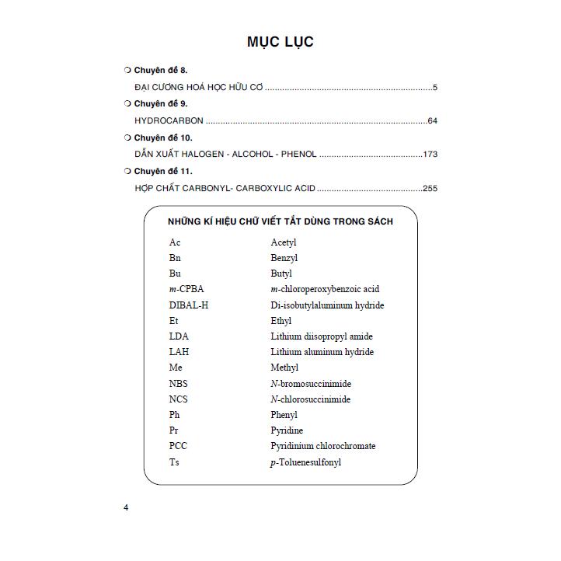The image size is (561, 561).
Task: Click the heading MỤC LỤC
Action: [x=280, y=42]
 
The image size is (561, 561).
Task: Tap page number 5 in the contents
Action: [x=435, y=87]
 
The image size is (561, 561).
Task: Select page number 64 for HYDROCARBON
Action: [x=433, y=120]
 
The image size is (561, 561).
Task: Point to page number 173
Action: [x=430, y=154]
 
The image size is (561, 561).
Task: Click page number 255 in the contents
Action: [x=430, y=188]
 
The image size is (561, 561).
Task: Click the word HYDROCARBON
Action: [x=169, y=120]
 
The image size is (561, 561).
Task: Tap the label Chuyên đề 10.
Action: [x=163, y=138]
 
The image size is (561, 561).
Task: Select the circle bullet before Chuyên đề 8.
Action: [x=127, y=70]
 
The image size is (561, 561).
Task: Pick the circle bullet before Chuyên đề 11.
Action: [x=127, y=171]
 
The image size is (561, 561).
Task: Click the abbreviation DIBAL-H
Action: [x=188, y=305]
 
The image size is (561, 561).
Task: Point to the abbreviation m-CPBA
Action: [x=186, y=289]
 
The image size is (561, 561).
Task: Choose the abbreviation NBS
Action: [x=178, y=384]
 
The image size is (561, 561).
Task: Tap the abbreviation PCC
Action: [x=178, y=446]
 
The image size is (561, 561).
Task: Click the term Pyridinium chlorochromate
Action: [x=322, y=446]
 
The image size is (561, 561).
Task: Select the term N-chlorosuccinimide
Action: [x=310, y=399]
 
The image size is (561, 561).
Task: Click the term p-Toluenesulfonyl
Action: [x=305, y=462]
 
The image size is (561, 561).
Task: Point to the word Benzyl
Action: [x=284, y=258]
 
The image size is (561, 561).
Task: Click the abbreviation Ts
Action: [x=174, y=462]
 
